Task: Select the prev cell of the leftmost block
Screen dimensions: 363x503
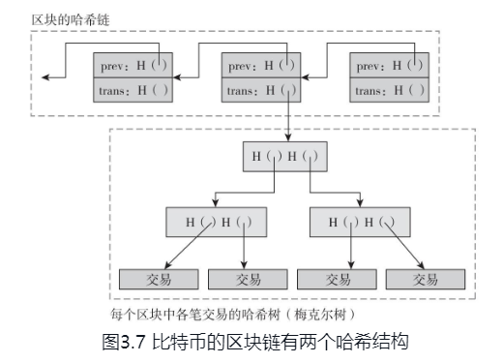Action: tap(133, 66)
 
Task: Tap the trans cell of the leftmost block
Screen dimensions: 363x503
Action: tap(133, 91)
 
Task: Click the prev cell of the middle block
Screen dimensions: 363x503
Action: tap(262, 66)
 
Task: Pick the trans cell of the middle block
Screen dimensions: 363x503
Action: tap(262, 91)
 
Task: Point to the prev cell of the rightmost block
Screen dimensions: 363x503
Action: tap(390, 66)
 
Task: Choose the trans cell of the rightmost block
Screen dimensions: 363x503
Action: tap(390, 91)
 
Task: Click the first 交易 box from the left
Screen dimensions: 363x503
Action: tap(160, 280)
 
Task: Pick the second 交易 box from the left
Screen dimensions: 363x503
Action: tap(249, 280)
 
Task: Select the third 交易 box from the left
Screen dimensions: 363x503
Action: tap(337, 280)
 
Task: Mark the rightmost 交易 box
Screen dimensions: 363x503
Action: tap(426, 280)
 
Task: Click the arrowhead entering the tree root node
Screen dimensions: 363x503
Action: tap(286, 137)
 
